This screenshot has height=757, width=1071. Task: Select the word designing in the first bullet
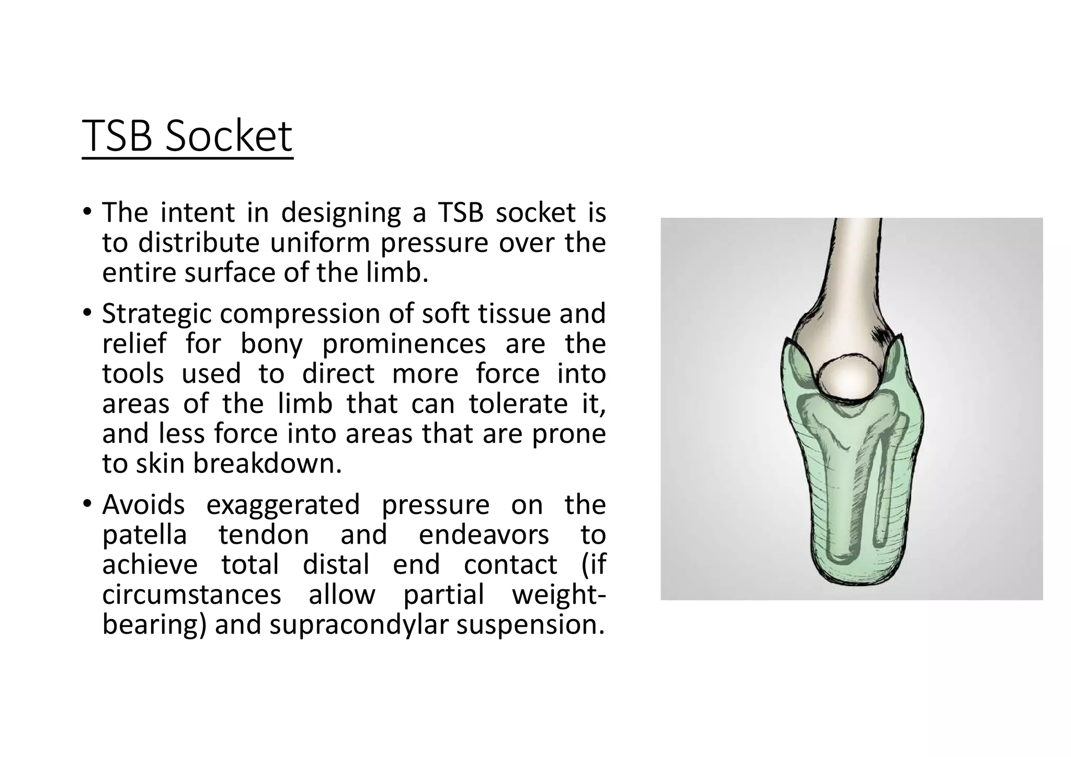tap(340, 213)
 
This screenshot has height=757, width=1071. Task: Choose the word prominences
tap(404, 344)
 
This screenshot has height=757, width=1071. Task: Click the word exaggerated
tap(283, 505)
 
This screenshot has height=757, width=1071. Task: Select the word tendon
tap(264, 535)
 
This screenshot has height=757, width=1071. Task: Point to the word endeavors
tap(484, 535)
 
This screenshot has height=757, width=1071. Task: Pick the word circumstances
tap(191, 595)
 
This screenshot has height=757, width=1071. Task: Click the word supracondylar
tap(358, 625)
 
